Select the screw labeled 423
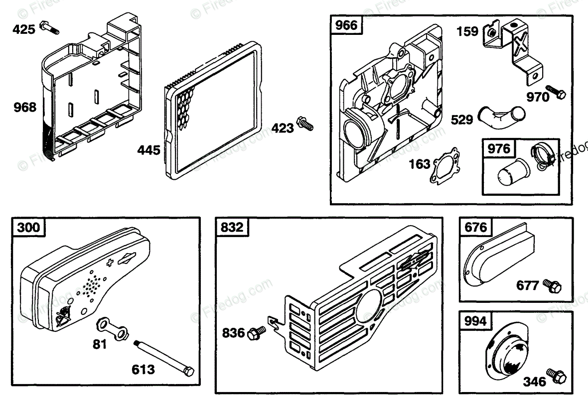(304, 123)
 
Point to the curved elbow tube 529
(501, 116)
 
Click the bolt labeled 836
(258, 332)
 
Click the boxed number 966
(347, 25)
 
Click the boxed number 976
(499, 148)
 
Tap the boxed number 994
(475, 321)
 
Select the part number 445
(150, 149)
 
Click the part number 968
(25, 107)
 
